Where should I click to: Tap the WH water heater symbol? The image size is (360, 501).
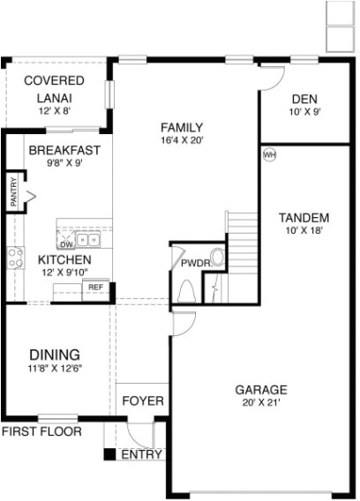click(x=270, y=155)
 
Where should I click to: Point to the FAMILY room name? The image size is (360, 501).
click(x=183, y=126)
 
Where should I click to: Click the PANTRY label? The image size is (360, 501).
click(x=13, y=192)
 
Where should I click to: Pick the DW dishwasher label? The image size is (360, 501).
click(x=65, y=244)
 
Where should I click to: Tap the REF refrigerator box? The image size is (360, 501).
click(x=95, y=288)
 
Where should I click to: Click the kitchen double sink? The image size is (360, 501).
click(x=87, y=239)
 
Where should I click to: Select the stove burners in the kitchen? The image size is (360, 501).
click(x=15, y=257)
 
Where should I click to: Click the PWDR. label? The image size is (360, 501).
click(x=194, y=262)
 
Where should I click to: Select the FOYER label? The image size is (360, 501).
click(x=143, y=401)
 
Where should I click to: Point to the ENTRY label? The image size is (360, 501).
click(x=141, y=455)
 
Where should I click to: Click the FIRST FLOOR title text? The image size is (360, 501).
click(x=41, y=431)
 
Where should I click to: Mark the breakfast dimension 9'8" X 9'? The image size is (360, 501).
click(x=64, y=164)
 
